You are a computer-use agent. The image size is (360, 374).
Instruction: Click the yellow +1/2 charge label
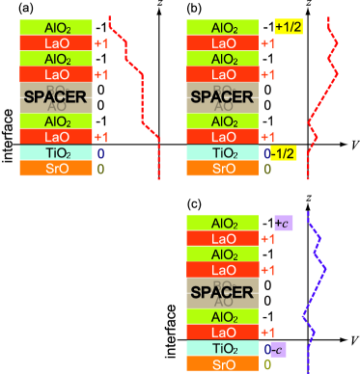(289, 27)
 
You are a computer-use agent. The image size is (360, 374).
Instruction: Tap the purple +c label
(283, 224)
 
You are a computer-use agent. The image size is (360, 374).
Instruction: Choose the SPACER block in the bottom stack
(224, 293)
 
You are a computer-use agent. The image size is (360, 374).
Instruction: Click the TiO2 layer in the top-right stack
(224, 153)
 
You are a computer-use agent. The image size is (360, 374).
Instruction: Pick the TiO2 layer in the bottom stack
(224, 348)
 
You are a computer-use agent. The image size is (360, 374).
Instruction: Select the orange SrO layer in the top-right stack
(224, 169)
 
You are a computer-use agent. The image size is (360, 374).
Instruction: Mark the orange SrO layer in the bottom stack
(224, 364)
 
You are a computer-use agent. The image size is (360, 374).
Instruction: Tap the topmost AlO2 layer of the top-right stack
(224, 28)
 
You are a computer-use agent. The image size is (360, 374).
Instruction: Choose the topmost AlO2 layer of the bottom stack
(224, 223)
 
